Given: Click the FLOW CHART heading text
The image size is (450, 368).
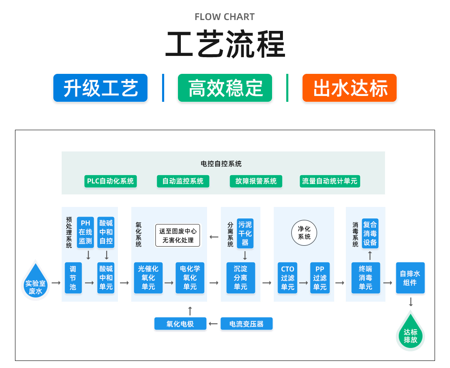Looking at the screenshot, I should (x=225, y=17).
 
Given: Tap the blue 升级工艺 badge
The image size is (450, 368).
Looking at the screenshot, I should (x=100, y=88).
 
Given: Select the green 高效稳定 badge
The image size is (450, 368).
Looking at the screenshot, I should (x=225, y=88).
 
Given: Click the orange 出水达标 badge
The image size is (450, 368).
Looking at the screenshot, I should (x=349, y=88).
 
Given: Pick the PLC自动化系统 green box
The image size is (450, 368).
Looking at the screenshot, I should (x=110, y=181).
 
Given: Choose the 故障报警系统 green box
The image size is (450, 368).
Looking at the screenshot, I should (x=256, y=181).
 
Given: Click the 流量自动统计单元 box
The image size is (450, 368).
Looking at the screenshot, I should (x=330, y=181).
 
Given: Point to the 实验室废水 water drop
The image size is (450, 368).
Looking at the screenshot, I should (x=36, y=283).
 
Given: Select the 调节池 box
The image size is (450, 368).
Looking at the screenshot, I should (x=73, y=278).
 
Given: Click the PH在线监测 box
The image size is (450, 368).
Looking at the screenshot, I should (x=85, y=232).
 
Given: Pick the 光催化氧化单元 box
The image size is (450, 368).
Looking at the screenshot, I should (x=148, y=278).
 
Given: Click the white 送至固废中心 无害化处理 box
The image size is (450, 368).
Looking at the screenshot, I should (x=178, y=236).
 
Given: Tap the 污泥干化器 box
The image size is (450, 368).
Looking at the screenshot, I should (x=245, y=233).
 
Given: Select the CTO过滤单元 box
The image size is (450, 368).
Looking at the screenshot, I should (x=287, y=278).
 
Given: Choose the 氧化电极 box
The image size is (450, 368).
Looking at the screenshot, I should (x=180, y=324).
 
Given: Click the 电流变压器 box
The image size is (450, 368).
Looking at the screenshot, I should (x=246, y=324).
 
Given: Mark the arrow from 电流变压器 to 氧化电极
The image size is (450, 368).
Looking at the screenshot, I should (x=213, y=324).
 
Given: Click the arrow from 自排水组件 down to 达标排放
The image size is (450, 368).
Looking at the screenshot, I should (x=411, y=302).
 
